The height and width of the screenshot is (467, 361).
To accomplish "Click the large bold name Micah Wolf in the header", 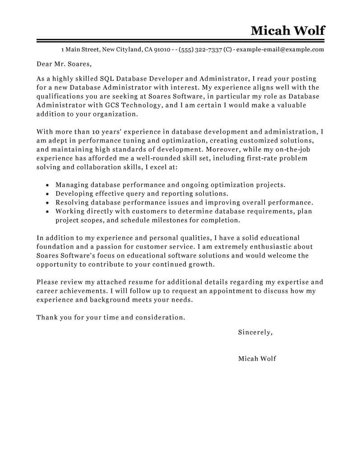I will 287,30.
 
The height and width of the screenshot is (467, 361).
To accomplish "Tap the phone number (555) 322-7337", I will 200,50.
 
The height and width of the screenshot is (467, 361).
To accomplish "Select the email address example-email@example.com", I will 280,50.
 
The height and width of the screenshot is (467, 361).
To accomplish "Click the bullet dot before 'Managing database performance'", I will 47,185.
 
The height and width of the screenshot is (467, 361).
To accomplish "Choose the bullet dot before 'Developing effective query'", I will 47,194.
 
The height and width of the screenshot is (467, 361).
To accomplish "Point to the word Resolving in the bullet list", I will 71,203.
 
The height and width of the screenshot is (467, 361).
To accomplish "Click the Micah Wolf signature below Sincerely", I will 257,359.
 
